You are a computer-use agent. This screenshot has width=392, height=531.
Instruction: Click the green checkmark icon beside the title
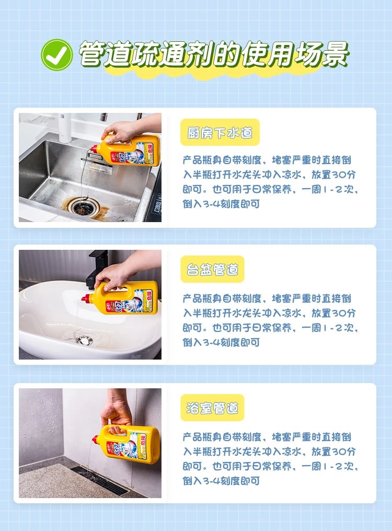(56, 55)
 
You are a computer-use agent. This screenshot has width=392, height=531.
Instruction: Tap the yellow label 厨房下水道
(220, 132)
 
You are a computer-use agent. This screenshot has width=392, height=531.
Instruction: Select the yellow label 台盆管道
(212, 270)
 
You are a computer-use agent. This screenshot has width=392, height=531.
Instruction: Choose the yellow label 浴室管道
(212, 408)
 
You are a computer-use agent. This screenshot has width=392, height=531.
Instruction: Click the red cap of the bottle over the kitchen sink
(94, 148)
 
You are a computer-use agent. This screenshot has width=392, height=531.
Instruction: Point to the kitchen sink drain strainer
(82, 205)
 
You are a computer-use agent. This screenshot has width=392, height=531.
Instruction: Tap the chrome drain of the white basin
(84, 340)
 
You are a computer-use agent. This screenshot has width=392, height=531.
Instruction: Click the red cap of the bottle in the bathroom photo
(96, 439)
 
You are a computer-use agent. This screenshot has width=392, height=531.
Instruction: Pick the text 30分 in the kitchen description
(343, 175)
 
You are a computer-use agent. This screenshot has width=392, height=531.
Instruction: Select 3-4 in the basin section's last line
(211, 342)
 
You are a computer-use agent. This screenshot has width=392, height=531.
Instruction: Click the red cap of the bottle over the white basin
(86, 299)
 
